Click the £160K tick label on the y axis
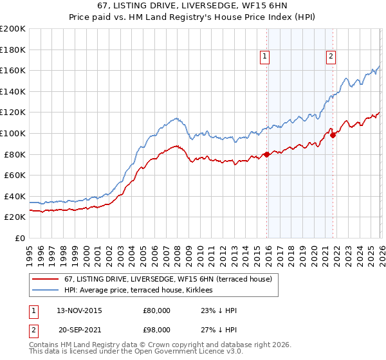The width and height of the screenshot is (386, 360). [13, 70]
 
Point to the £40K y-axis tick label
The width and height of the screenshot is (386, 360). [15, 196]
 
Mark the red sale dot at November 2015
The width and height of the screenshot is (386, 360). [266, 154]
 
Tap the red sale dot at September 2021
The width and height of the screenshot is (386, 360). [333, 135]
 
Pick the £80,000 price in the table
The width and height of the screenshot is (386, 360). [156, 310]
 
